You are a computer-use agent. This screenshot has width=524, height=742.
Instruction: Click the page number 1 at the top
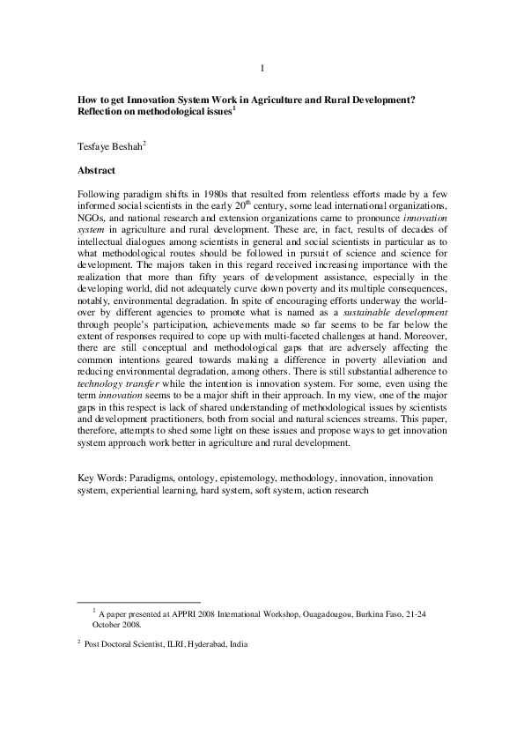pos(262,69)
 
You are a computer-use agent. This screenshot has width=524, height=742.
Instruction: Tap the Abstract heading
pos(97,168)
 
